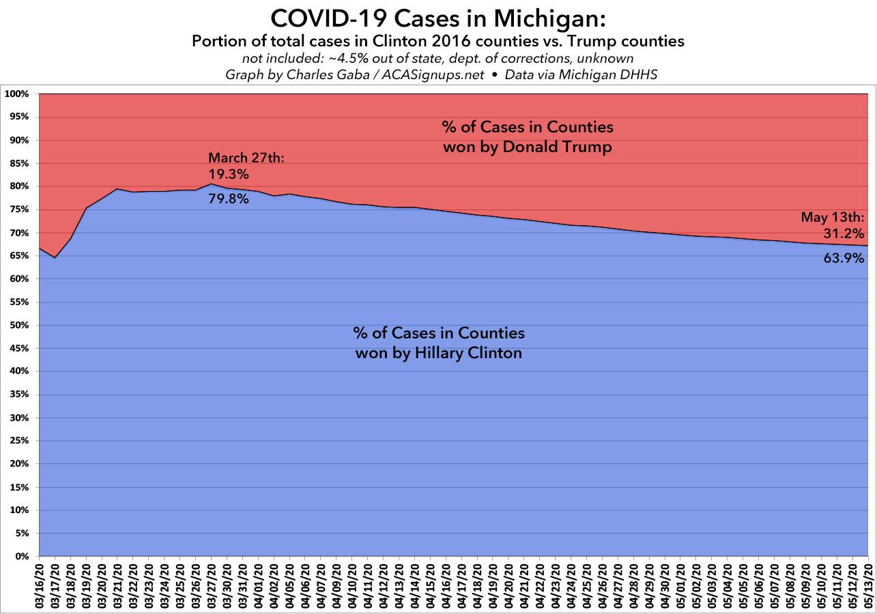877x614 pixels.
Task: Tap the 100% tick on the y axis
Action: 20,94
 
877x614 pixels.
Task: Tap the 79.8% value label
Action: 229,199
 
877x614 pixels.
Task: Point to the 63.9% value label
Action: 844,258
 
